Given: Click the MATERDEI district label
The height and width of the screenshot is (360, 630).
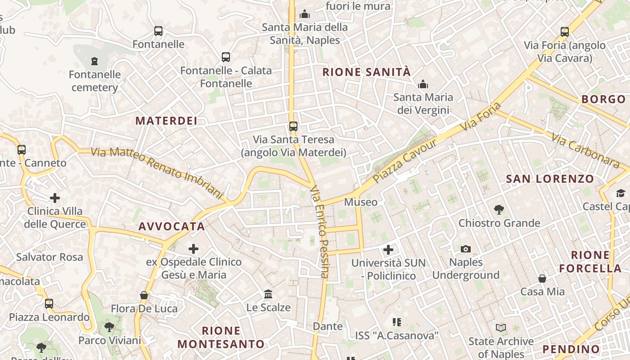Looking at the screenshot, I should (x=166, y=121).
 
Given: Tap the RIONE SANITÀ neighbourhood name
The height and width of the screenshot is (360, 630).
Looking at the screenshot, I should (x=366, y=72).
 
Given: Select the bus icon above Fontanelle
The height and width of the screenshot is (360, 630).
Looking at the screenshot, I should (x=158, y=31).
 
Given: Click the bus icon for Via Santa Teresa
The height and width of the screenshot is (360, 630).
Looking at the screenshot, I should (x=293, y=126).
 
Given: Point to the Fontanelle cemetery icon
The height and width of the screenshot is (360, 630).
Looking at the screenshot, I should (x=94, y=61).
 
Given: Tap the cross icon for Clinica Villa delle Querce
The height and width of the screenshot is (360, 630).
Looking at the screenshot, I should (x=55, y=198).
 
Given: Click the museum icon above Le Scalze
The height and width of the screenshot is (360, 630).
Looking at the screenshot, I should (x=268, y=294).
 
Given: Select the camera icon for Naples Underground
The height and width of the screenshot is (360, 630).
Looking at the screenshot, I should (x=466, y=249).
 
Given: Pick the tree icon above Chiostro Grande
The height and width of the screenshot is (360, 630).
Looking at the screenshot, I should (x=499, y=209).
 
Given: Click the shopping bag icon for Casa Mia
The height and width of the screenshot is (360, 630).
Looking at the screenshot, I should (x=542, y=279).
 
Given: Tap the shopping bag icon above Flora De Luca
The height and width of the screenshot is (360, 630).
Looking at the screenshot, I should (x=144, y=295).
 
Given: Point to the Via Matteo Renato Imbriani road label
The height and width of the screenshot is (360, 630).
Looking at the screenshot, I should (x=157, y=172).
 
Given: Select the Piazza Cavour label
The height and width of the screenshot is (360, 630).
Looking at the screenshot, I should (x=405, y=161).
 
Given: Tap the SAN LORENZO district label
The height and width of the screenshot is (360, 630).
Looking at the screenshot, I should (x=550, y=179).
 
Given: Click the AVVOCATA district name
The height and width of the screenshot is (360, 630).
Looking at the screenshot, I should (x=171, y=226).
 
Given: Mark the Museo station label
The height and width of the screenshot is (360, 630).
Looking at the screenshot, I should (x=360, y=202).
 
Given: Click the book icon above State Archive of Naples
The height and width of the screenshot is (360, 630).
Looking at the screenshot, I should (x=501, y=328).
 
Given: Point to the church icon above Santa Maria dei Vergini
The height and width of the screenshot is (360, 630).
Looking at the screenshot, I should (x=423, y=84).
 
